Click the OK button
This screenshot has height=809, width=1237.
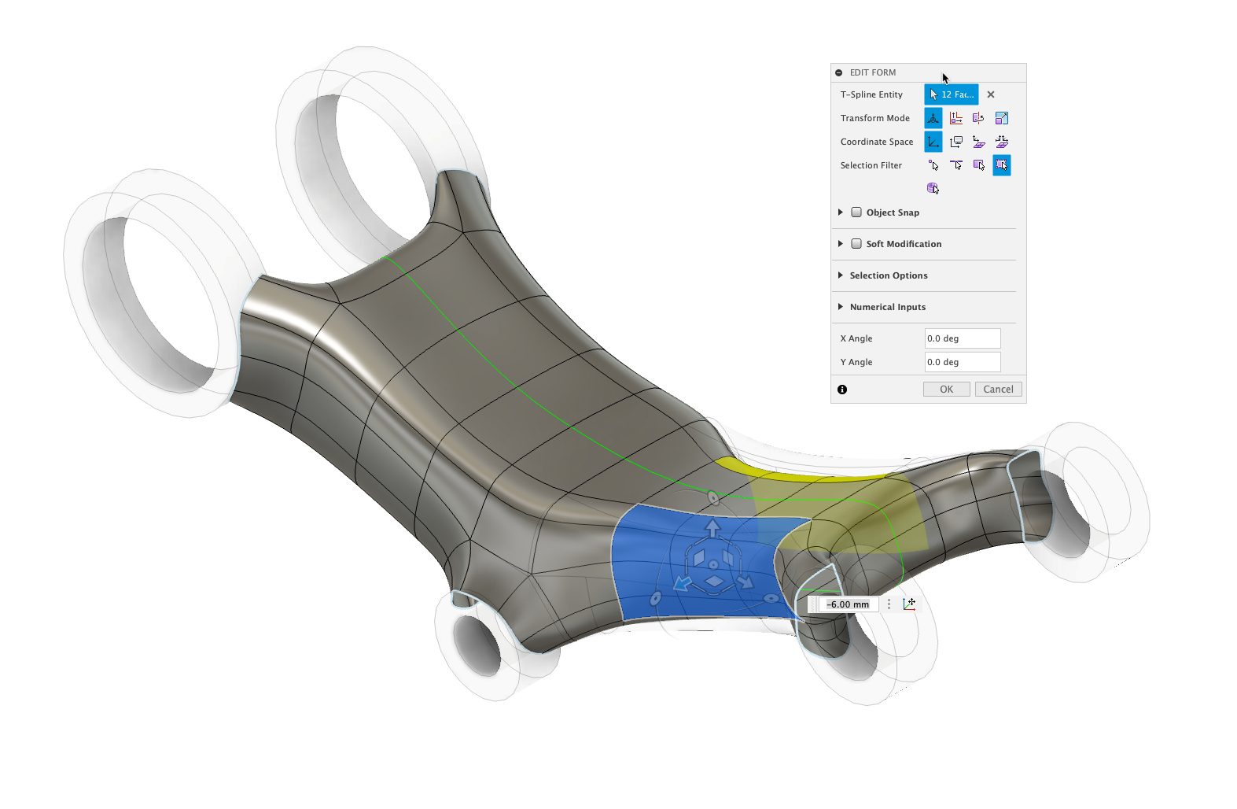(946, 389)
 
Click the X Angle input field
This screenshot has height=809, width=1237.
(962, 338)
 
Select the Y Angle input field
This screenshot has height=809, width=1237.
(962, 362)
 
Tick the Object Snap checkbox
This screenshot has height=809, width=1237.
(856, 212)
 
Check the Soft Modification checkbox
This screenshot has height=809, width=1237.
(856, 244)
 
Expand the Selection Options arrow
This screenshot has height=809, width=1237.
(841, 275)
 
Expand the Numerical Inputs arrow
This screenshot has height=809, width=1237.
(841, 307)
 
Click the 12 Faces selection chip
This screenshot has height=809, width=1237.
(952, 94)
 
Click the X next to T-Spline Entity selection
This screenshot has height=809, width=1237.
(991, 94)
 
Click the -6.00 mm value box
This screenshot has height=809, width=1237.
(848, 604)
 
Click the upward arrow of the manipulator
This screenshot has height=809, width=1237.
(712, 527)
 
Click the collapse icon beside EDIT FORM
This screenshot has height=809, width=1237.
(839, 72)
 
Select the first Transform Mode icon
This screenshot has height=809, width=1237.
(933, 118)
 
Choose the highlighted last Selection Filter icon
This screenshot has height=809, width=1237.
(1001, 165)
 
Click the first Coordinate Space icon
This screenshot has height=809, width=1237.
(933, 142)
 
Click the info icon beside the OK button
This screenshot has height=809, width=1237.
(842, 390)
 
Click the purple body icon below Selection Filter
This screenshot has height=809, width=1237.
(933, 188)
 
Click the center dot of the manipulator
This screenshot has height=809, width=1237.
(712, 565)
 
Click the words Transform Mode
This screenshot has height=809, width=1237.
(874, 118)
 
